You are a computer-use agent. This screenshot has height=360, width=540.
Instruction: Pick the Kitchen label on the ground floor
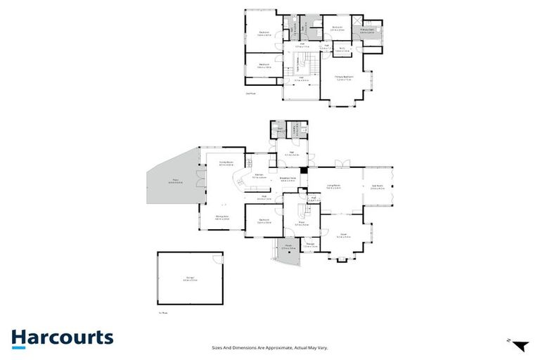pos(259,176)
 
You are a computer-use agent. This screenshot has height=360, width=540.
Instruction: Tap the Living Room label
pos(334,186)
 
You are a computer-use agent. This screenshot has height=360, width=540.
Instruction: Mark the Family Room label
pos(226,164)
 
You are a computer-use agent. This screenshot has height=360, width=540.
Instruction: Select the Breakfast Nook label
pos(288,179)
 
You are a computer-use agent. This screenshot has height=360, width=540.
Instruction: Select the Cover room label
pos(344,236)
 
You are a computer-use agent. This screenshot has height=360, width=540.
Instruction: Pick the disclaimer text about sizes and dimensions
pos(270,347)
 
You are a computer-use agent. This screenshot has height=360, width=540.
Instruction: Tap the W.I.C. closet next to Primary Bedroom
pos(342,49)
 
